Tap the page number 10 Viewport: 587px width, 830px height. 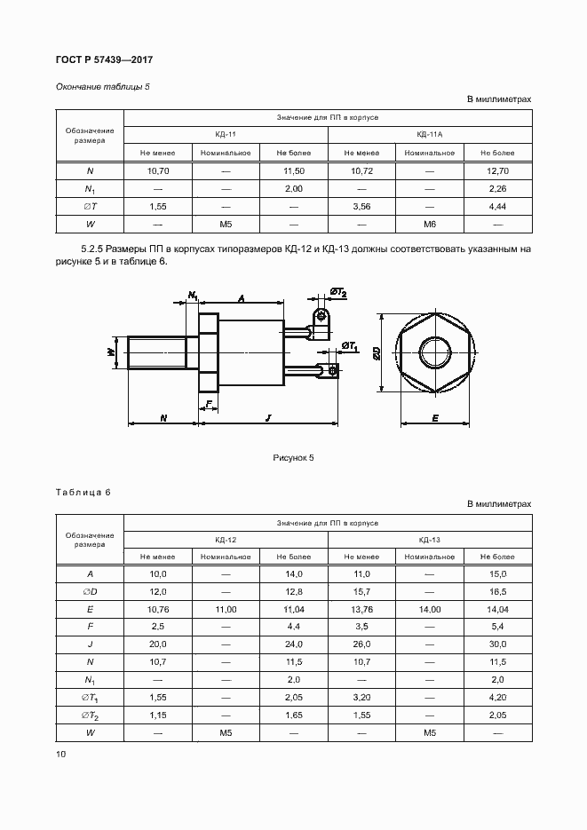[x=60, y=754]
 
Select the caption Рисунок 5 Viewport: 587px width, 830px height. [x=293, y=458]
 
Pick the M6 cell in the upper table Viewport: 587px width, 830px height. [x=430, y=224]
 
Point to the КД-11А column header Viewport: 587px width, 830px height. [x=430, y=134]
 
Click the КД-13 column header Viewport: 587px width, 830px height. [x=430, y=540]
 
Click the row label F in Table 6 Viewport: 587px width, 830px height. [x=90, y=628]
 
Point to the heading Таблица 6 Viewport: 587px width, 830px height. [x=83, y=492]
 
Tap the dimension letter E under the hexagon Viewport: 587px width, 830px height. [x=435, y=416]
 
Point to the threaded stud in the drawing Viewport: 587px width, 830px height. [x=158, y=352]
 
